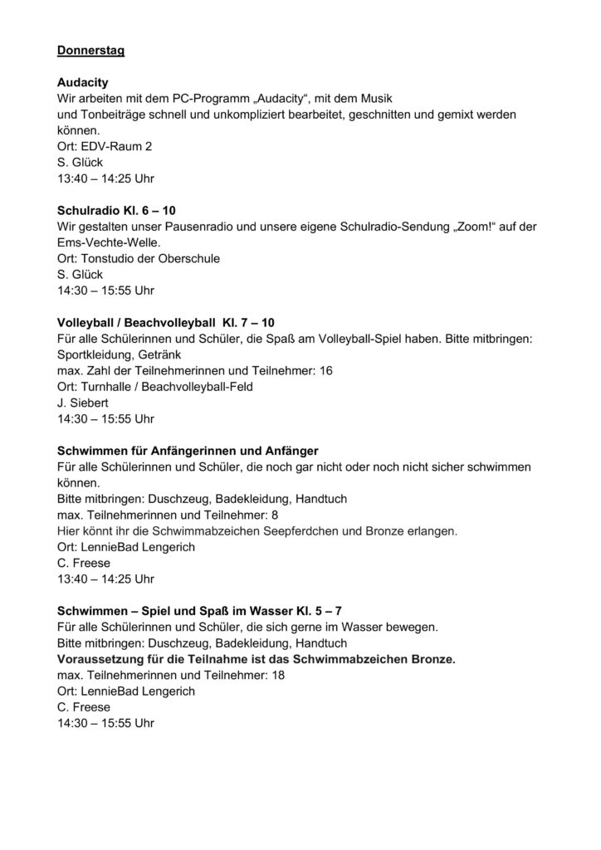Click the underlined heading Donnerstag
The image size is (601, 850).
(90, 51)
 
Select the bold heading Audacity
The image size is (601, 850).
(84, 84)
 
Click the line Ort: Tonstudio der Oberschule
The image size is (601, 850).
(138, 258)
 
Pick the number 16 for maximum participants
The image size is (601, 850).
(325, 369)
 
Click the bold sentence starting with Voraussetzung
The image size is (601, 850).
(257, 659)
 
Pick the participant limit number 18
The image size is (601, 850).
(279, 675)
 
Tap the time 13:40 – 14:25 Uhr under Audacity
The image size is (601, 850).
(105, 178)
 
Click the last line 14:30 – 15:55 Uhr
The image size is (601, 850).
(105, 722)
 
